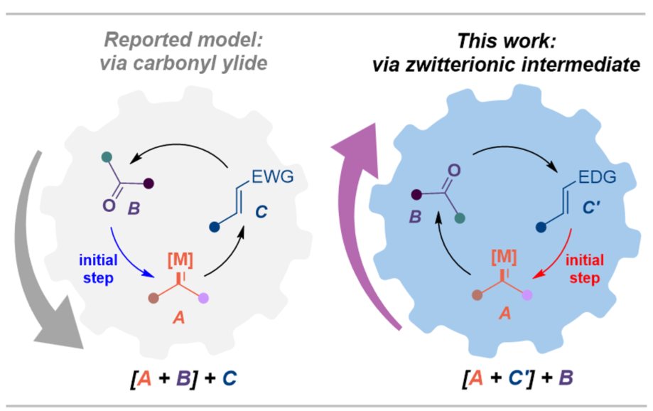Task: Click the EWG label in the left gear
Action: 269,173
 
